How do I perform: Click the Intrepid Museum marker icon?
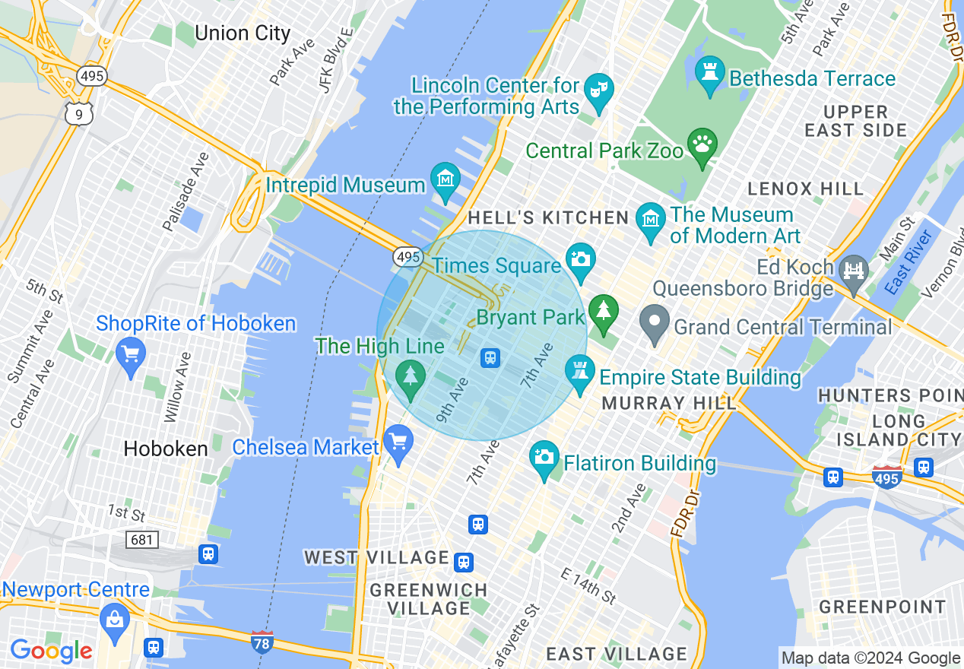445,179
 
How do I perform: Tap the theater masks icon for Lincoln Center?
600,88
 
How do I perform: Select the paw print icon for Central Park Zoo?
702,143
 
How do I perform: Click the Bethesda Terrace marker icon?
710,72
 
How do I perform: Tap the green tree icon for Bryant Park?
604,312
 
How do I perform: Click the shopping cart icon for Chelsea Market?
398,442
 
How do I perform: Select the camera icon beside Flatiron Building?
544,458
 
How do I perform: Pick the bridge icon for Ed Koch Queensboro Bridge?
854,271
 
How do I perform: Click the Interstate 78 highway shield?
262,642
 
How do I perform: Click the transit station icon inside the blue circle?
490,357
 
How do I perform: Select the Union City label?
243,33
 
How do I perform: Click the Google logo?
51,651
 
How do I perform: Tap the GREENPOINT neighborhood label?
882,607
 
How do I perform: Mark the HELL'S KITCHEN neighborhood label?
548,218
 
